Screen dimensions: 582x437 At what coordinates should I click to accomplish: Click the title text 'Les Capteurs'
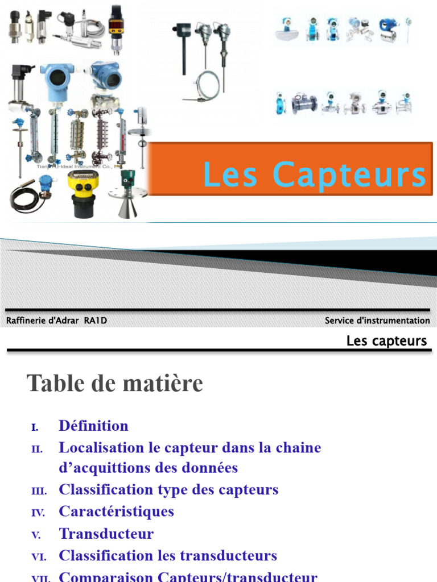tap(315, 174)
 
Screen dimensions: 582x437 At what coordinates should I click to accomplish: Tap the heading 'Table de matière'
tap(115, 384)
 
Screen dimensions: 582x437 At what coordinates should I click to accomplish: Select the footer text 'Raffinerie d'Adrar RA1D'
tap(56, 321)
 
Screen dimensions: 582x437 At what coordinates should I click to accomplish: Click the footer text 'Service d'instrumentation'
tap(377, 321)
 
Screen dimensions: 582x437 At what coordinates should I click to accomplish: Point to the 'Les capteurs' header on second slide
tap(386, 341)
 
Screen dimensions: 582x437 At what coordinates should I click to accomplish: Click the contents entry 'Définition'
tap(93, 426)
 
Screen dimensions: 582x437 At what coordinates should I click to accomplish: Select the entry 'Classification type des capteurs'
tap(168, 489)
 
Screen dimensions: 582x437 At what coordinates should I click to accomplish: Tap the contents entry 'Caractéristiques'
tap(116, 511)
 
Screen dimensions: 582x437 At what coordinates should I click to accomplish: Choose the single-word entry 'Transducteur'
tap(106, 534)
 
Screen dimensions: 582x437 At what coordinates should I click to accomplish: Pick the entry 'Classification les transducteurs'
tap(168, 555)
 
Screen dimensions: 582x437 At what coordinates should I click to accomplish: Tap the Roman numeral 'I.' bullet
tap(35, 427)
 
